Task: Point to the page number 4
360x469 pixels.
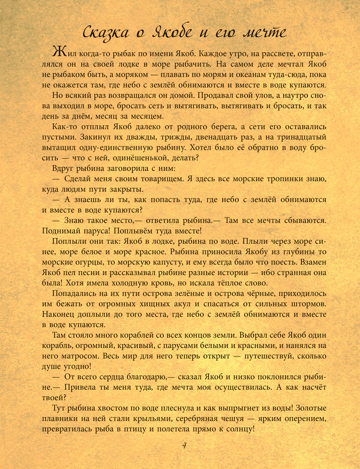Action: point(184,446)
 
